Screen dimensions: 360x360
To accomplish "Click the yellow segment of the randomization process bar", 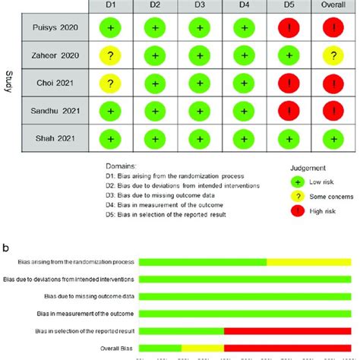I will (308, 262).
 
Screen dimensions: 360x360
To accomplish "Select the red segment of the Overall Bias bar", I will (288, 348).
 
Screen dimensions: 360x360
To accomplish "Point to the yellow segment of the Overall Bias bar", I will (203, 348).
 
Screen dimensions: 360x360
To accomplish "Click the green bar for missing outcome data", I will (245, 296).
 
